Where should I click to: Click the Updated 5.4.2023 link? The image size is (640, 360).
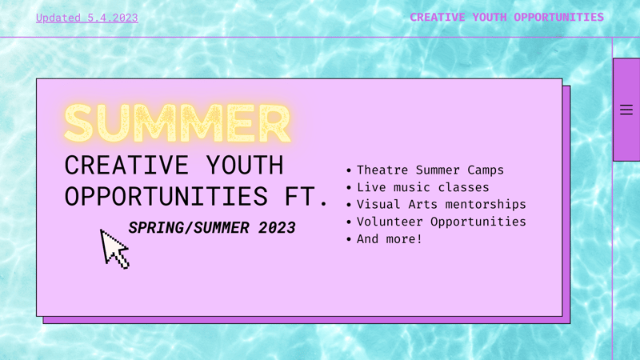pos(86,18)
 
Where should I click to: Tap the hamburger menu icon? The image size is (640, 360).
pos(626,110)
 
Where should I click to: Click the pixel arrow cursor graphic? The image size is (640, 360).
pos(114,249)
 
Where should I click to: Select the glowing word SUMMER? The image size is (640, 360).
pos(177,123)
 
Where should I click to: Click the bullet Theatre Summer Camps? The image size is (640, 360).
pos(430,170)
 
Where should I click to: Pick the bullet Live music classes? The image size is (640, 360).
pos(422,187)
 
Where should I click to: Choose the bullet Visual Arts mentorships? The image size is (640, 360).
pos(441,204)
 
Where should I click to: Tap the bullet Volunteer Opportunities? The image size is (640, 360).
pos(441,222)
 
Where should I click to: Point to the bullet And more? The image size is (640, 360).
pos(389,238)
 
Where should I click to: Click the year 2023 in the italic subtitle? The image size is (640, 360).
pos(277,228)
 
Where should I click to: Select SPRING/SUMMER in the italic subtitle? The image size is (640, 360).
pos(190,228)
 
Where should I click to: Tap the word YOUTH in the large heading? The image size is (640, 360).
pos(244,166)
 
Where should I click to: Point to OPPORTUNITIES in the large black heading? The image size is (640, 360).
pos(166,197)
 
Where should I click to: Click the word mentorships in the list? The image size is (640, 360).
pos(486,204)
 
